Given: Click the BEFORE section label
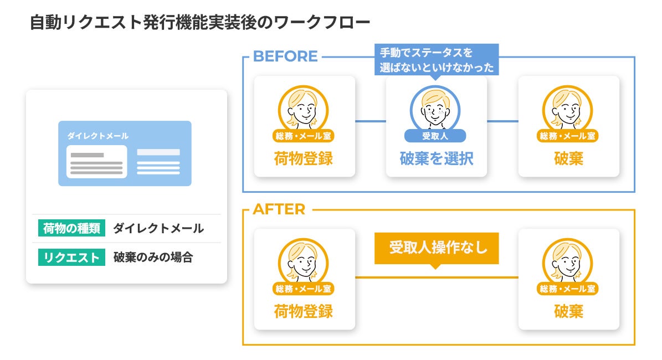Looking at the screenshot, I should coord(285,56).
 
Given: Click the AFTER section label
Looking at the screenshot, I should coord(279,209).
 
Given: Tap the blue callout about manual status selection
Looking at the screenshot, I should coord(436,60).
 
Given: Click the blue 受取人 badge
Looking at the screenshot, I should coord(435,136).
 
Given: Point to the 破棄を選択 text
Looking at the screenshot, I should coord(436,159).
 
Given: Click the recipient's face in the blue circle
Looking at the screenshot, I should coord(435,107).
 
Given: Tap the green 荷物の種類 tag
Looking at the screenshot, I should coord(71,228).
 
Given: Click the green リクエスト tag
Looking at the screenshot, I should coord(71,257).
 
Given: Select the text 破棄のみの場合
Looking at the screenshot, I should coord(153,257).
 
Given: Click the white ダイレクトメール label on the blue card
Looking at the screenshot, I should coord(98,136).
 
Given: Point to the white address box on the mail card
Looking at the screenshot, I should coord(96,162).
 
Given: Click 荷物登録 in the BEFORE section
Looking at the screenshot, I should coord(304,159).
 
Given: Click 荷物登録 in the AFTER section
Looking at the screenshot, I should coord(304,312).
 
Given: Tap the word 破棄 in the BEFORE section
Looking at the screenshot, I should coord(568,159).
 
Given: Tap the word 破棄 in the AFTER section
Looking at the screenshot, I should coord(568,312).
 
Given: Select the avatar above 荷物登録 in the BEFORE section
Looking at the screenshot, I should coord(303,107).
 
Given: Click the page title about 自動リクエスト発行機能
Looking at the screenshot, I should coord(199,23).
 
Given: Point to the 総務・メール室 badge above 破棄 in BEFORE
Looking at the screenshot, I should coord(568,136).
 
